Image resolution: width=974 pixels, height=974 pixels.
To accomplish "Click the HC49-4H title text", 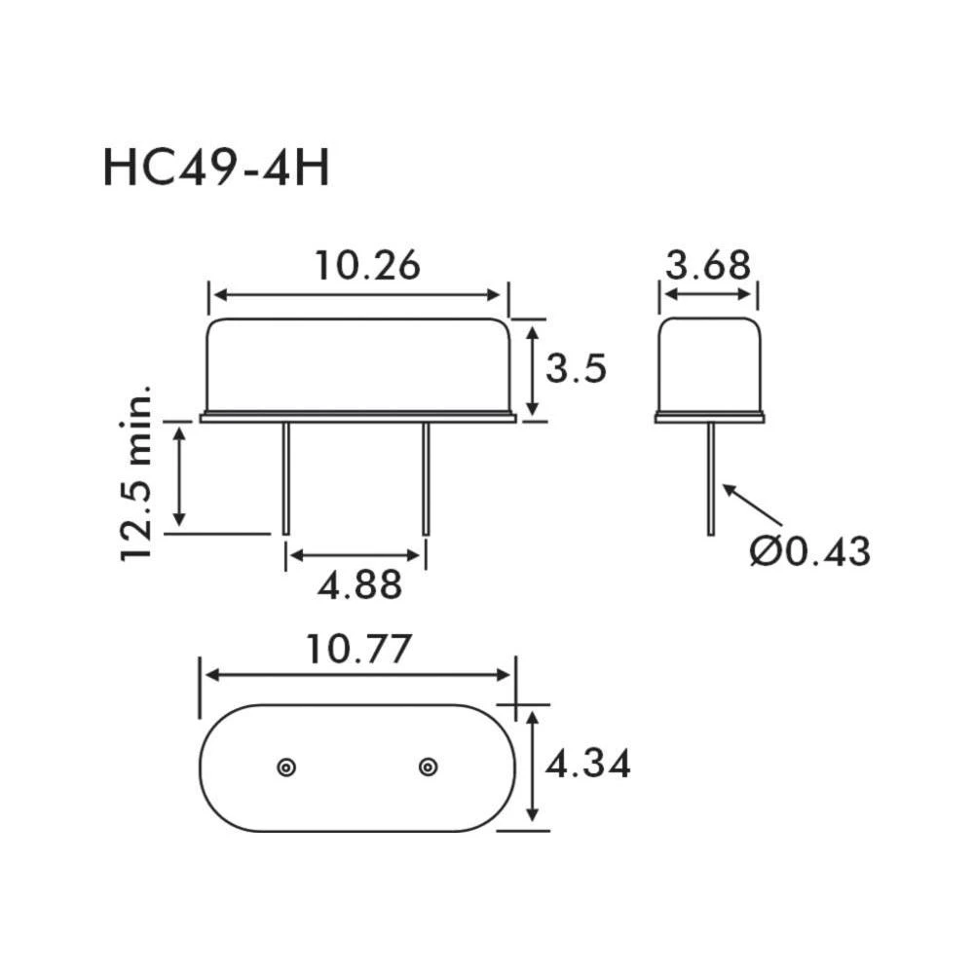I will pos(216,168).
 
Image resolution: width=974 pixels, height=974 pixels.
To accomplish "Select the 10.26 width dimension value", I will pos(366,266).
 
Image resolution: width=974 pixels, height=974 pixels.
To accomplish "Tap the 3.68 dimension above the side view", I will pos(708,265).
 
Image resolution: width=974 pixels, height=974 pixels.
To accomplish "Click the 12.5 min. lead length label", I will pos(137,473).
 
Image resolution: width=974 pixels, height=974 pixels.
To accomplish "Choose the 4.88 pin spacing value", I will pos(358,585).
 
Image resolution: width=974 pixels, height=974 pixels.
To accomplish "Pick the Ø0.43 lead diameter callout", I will pos(809,552).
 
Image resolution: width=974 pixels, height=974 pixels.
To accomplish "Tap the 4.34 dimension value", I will pos(587,765).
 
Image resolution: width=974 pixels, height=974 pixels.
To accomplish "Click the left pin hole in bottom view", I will pos(285,768).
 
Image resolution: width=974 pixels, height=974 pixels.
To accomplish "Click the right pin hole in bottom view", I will pos(428,768).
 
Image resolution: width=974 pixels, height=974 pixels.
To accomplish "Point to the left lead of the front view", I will pos(285,477).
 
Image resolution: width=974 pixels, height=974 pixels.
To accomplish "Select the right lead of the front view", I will pos(426,477).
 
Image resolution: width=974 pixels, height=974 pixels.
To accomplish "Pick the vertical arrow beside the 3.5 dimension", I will pos(533,371).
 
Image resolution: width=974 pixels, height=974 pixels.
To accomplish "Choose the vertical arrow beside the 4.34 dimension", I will pos(533,767).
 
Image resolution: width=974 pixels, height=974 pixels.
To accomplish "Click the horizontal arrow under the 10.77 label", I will pos(357,675).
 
